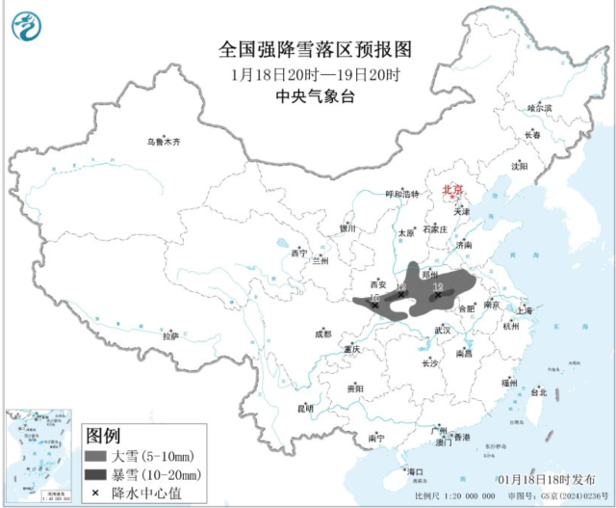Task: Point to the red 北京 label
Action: [x=452, y=191]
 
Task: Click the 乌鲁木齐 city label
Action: [x=163, y=142]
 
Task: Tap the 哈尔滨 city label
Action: [x=541, y=108]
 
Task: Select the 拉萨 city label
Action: [x=170, y=335]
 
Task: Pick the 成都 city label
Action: [x=321, y=334]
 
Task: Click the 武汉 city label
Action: [x=443, y=330]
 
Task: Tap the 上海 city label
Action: [x=524, y=310]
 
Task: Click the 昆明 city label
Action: [x=305, y=408]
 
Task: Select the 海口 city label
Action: [x=416, y=471]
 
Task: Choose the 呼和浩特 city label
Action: [x=402, y=194]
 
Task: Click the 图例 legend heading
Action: [x=103, y=434]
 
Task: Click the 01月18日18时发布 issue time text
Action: [x=542, y=479]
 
